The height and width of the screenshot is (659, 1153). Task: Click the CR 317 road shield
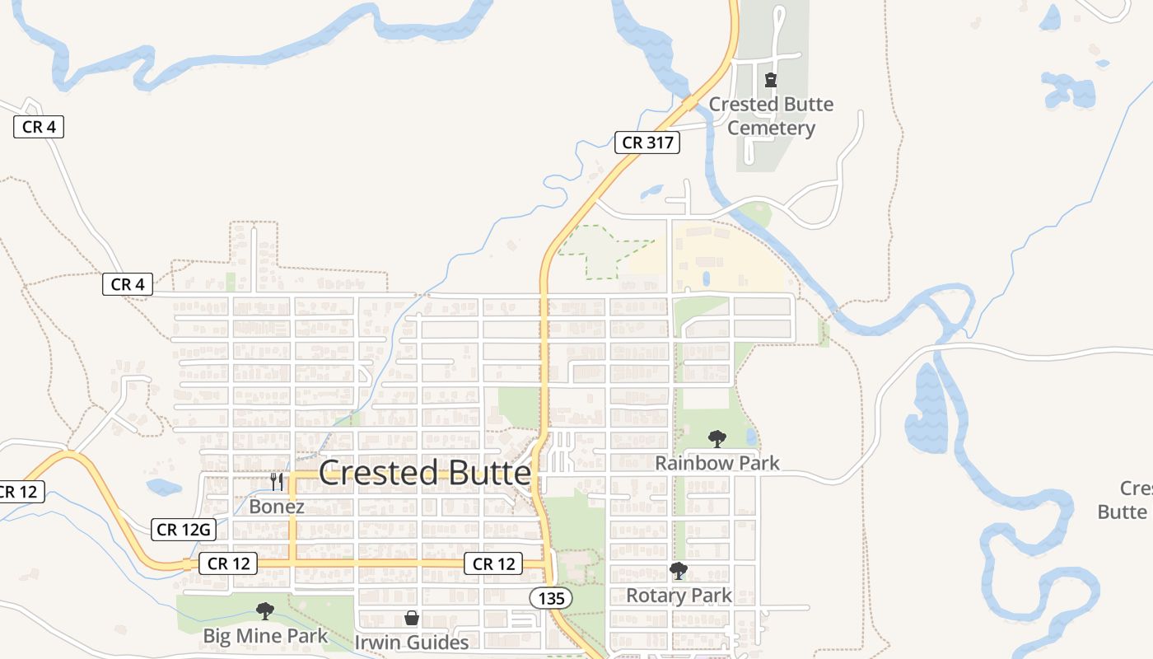[x=647, y=143]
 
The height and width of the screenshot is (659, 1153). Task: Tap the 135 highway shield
[x=550, y=598]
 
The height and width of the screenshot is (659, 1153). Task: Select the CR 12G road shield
[x=184, y=530]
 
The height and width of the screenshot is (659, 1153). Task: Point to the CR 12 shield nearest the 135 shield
[x=493, y=564]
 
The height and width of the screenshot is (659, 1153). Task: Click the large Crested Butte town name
[x=424, y=473]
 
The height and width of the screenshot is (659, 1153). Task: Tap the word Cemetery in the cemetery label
[x=771, y=129]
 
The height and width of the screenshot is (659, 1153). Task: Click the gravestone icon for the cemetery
[x=771, y=80]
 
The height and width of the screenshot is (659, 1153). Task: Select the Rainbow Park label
[x=717, y=463]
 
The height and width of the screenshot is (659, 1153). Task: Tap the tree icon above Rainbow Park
[x=717, y=438]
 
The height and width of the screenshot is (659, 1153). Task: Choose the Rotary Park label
[x=679, y=595]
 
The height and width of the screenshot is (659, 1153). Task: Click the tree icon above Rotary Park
[x=679, y=571]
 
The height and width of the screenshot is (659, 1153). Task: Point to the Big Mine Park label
[x=265, y=636]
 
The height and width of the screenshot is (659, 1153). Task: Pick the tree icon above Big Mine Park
[x=264, y=610]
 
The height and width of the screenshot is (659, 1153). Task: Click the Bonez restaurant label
[x=277, y=507]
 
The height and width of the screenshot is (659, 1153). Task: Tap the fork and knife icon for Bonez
[x=277, y=482]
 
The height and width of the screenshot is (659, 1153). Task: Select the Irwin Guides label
[x=411, y=642]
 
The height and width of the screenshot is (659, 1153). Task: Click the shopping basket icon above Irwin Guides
[x=411, y=618]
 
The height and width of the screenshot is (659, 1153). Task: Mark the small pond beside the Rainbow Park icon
[x=751, y=436]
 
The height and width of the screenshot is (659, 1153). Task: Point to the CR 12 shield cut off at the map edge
[x=20, y=492]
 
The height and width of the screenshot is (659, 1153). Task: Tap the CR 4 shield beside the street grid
[x=128, y=284]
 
